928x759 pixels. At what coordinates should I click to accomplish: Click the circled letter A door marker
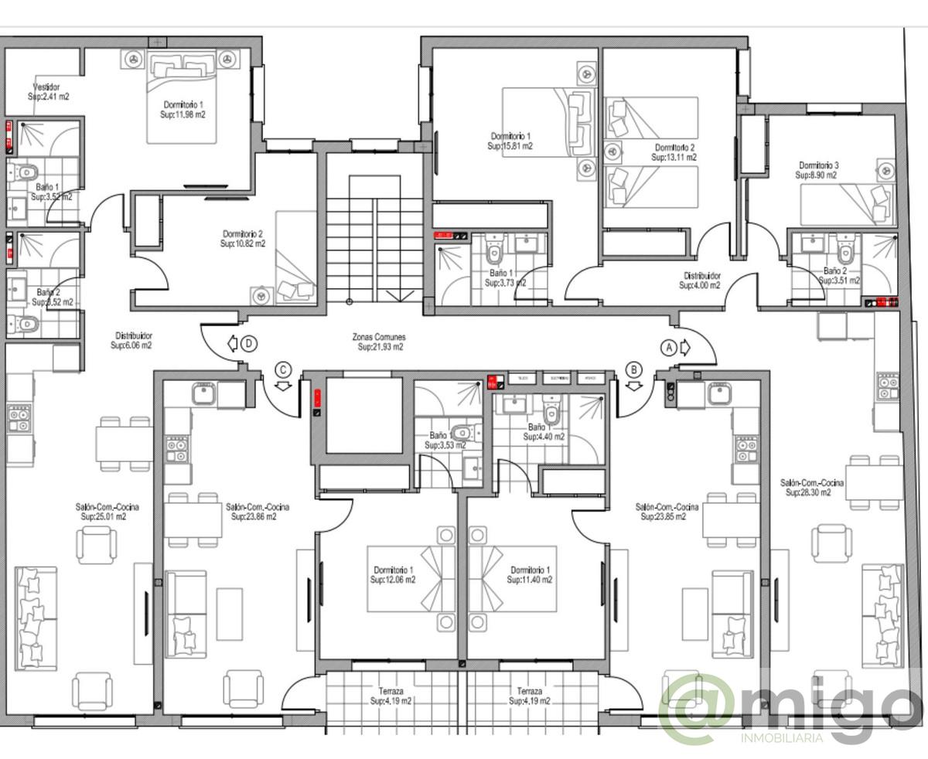pyautogui.click(x=669, y=348)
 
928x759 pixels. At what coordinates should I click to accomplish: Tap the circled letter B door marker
pyautogui.click(x=635, y=369)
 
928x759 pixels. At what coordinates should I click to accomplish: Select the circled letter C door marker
pyautogui.click(x=284, y=369)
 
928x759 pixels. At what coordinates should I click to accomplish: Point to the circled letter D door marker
pyautogui.click(x=247, y=344)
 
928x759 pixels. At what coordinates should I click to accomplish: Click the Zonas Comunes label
pyautogui.click(x=379, y=338)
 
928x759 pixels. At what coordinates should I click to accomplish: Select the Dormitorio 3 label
pyautogui.click(x=819, y=165)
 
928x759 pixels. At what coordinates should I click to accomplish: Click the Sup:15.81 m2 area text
pyautogui.click(x=510, y=145)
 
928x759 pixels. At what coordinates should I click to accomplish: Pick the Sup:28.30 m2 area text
pyautogui.click(x=808, y=492)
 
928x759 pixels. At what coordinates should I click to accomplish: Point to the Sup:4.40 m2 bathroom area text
pyautogui.click(x=544, y=437)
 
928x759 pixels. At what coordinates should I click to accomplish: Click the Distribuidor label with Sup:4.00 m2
pyautogui.click(x=701, y=275)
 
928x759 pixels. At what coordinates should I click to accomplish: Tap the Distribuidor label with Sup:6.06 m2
pyautogui.click(x=133, y=335)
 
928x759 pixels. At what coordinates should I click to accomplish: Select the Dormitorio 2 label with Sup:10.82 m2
pyautogui.click(x=244, y=233)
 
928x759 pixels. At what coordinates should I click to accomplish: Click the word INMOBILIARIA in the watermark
pyautogui.click(x=781, y=739)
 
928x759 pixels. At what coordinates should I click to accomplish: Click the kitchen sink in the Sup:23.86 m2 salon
pyautogui.click(x=203, y=392)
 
